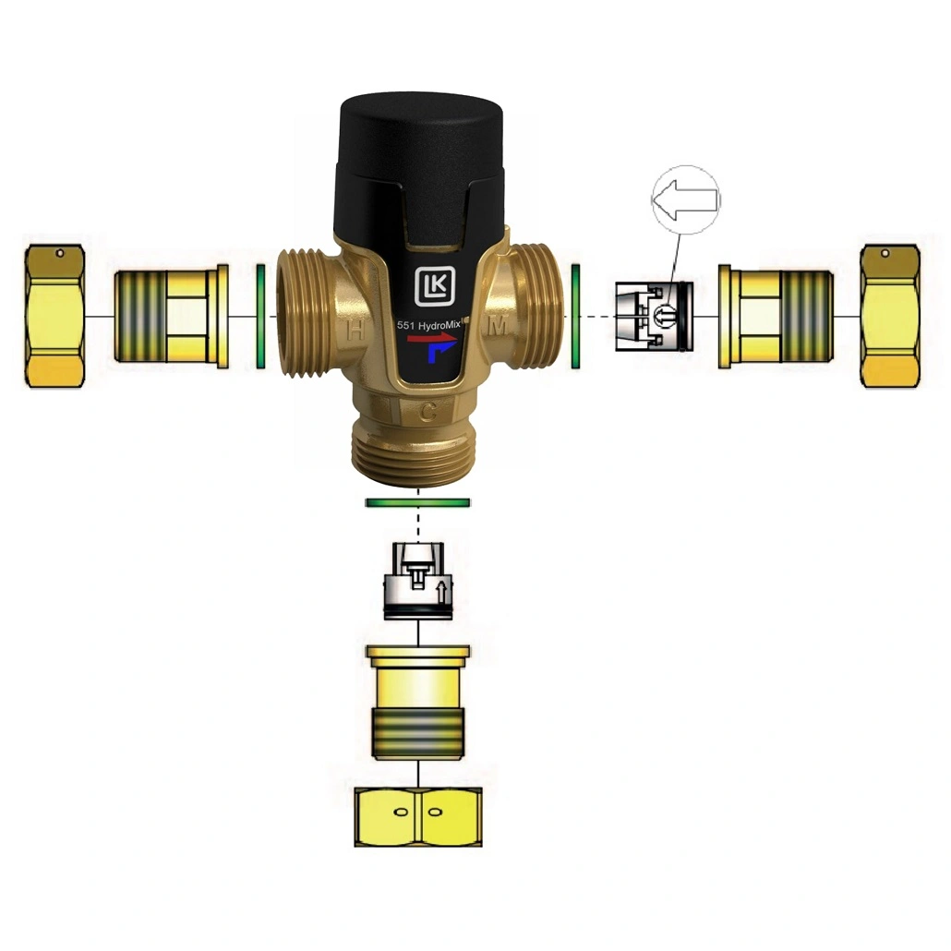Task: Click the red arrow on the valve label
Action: [x=432, y=338]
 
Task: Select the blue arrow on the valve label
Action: [x=441, y=351]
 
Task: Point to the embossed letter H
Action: [x=355, y=331]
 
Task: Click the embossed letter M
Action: [x=499, y=327]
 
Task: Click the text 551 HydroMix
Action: [x=428, y=324]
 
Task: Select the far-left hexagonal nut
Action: [x=54, y=316]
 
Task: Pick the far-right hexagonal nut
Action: [x=890, y=316]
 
